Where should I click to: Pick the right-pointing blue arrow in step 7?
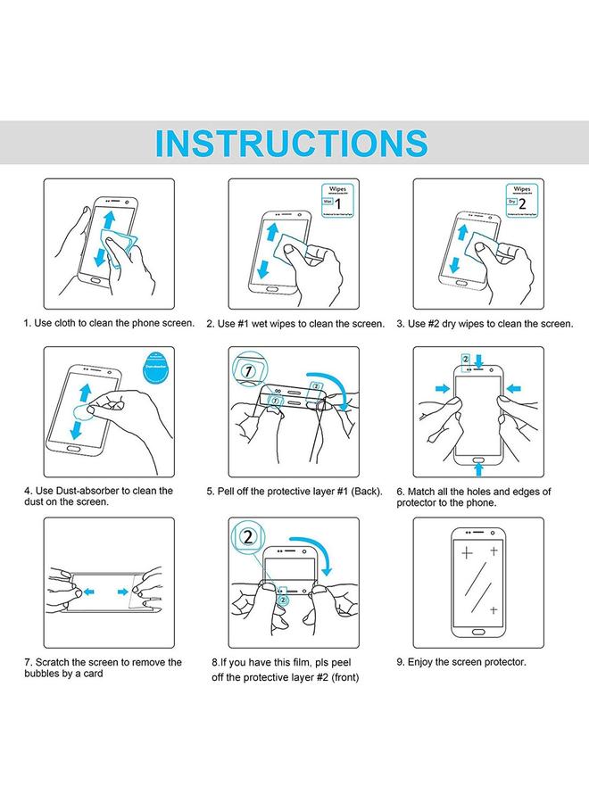125,591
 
